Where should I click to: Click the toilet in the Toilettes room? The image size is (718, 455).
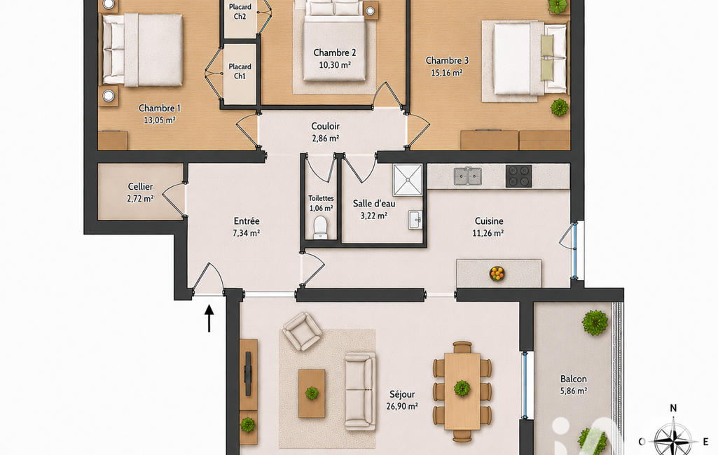pyautogui.click(x=320, y=227)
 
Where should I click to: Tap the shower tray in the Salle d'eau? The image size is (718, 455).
pyautogui.click(x=407, y=180)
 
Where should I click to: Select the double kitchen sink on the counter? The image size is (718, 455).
pyautogui.click(x=467, y=176)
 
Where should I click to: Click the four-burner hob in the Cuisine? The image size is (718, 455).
pyautogui.click(x=519, y=176)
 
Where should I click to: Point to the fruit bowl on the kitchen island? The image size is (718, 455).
pyautogui.click(x=497, y=273)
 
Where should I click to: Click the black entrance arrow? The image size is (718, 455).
pyautogui.click(x=209, y=318)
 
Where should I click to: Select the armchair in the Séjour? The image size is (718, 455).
pyautogui.click(x=302, y=331)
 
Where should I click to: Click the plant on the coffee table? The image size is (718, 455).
pyautogui.click(x=312, y=393)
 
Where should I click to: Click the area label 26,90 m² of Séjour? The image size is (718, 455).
pyautogui.click(x=402, y=406)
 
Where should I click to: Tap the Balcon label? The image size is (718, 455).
pyautogui.click(x=573, y=379)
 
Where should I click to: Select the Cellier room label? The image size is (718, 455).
pyautogui.click(x=140, y=186)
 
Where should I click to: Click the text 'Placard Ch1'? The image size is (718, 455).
pyautogui.click(x=240, y=71)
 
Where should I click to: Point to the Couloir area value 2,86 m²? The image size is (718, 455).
pyautogui.click(x=325, y=138)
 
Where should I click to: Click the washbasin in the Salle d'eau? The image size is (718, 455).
pyautogui.click(x=415, y=219)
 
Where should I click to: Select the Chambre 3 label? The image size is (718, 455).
pyautogui.click(x=447, y=60)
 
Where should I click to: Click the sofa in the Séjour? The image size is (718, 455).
pyautogui.click(x=360, y=391)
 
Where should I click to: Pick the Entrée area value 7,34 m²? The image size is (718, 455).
pyautogui.click(x=247, y=233)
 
